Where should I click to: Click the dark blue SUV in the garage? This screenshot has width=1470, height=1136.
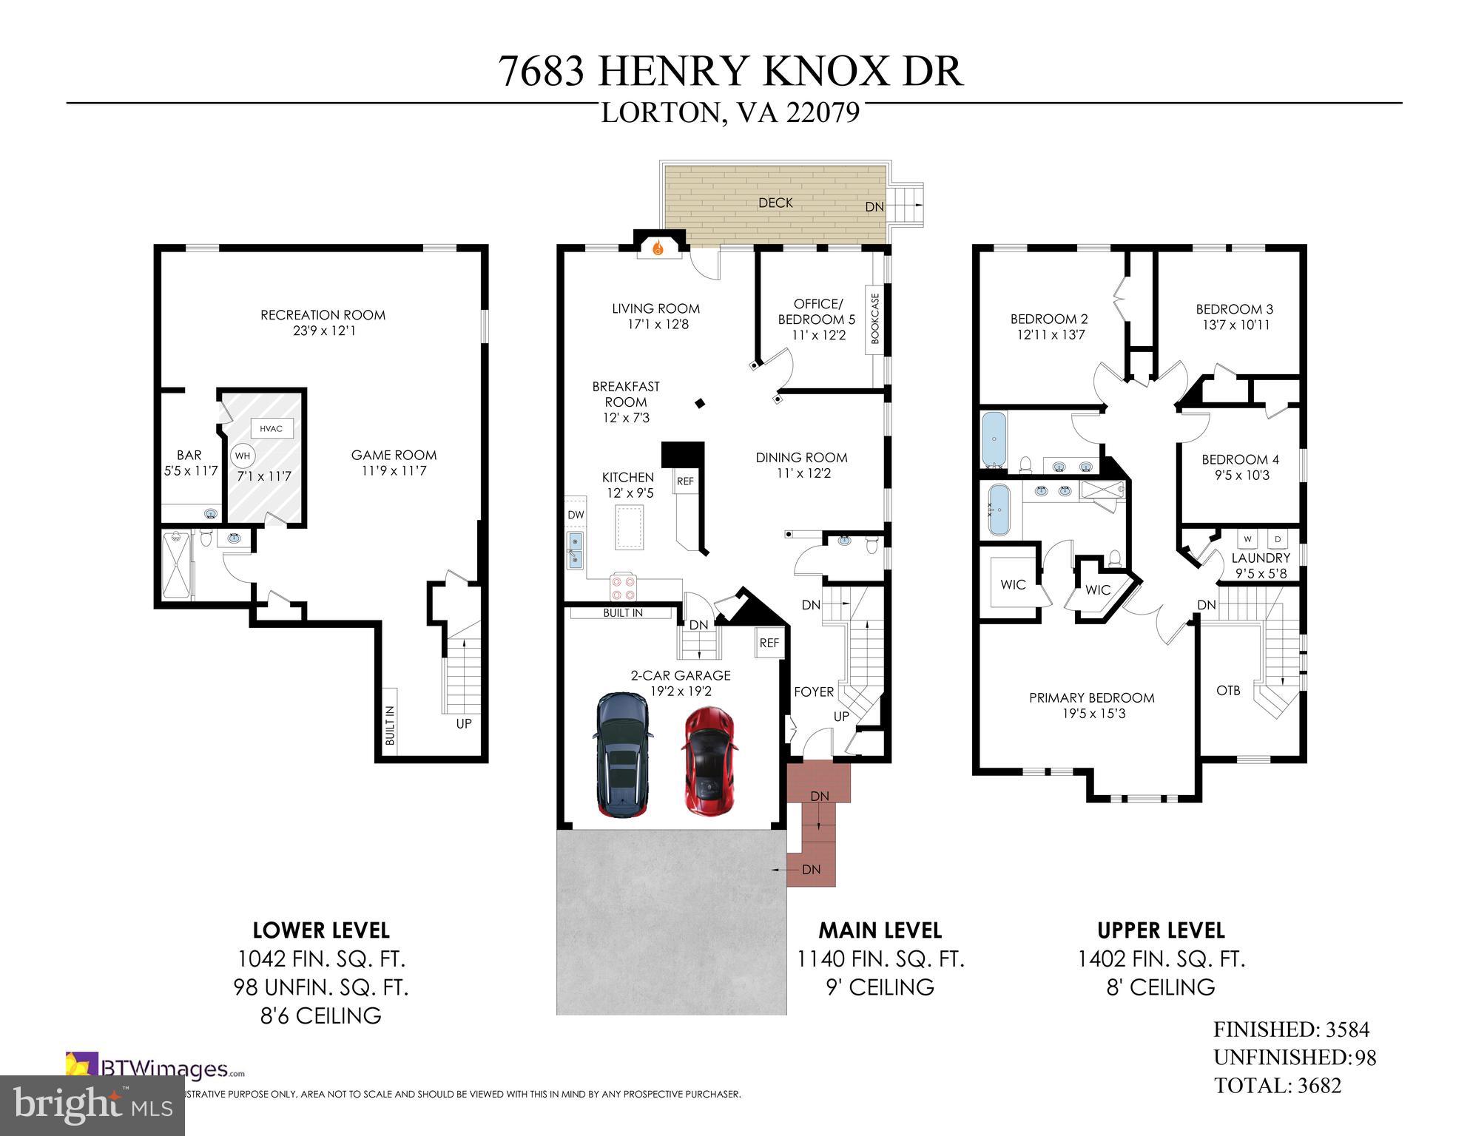(x=624, y=754)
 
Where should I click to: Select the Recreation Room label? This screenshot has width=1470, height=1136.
(x=323, y=315)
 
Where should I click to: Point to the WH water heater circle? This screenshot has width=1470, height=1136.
(x=242, y=456)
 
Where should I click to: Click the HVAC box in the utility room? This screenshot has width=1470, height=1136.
(x=271, y=429)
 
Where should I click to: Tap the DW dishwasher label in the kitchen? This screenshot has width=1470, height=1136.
(x=576, y=515)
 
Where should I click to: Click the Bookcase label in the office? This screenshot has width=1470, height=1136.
(x=875, y=319)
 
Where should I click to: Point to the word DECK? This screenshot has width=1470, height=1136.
(x=775, y=203)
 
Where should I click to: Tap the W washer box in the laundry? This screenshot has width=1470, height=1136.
(x=1247, y=539)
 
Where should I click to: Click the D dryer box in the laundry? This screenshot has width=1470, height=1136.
(x=1278, y=539)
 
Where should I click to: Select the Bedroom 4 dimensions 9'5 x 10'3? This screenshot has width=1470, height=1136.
(x=1242, y=476)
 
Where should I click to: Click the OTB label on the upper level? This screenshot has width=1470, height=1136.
(x=1228, y=691)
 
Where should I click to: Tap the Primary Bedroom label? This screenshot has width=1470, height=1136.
(x=1091, y=697)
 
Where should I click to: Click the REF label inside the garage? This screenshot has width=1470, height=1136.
(x=769, y=643)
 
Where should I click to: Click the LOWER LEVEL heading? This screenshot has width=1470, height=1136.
(x=321, y=930)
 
